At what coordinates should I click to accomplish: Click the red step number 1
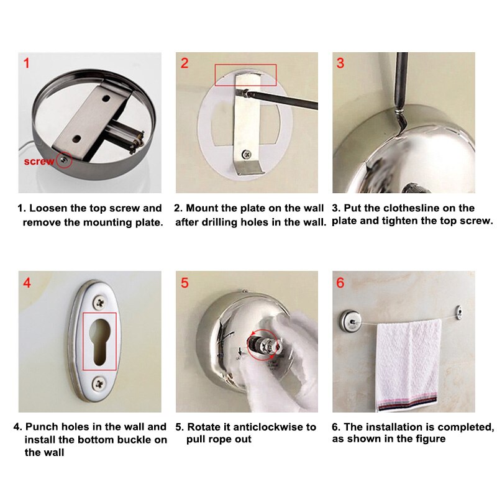point(26,63)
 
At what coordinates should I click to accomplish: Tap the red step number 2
point(185,63)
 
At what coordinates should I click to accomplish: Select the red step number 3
point(340,63)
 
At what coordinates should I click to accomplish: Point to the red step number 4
point(27,283)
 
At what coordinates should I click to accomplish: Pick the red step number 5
point(185,283)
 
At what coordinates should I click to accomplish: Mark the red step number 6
point(340,283)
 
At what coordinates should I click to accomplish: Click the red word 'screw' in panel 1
point(39,162)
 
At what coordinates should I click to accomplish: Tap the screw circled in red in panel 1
point(63,160)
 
